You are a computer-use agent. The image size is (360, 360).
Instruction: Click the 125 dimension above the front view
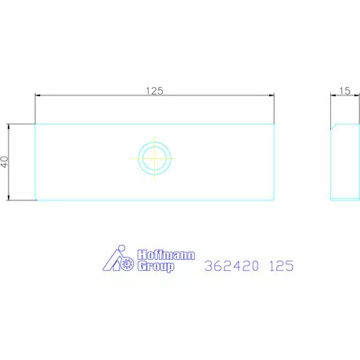[154, 91]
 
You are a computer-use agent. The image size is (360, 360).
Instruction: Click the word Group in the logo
[156, 267]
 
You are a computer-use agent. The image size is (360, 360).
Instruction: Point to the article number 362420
[231, 265]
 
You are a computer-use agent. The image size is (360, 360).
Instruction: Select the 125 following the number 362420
[281, 265]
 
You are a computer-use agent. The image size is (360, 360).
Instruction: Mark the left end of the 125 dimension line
[35, 96]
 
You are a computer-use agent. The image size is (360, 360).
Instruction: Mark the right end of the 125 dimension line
[274, 96]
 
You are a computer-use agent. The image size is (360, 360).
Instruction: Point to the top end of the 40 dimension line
[9, 124]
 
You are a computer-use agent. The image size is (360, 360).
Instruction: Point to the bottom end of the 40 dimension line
[9, 200]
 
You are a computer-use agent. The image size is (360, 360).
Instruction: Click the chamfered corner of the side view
[333, 126]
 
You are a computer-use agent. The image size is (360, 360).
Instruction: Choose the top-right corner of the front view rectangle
[274, 124]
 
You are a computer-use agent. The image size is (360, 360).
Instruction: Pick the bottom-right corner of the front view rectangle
[274, 200]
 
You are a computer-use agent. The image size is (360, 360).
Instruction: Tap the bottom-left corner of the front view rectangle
[36, 200]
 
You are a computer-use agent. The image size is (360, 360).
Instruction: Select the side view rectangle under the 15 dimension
[344, 162]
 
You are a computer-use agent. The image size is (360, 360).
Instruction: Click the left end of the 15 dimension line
[330, 96]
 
